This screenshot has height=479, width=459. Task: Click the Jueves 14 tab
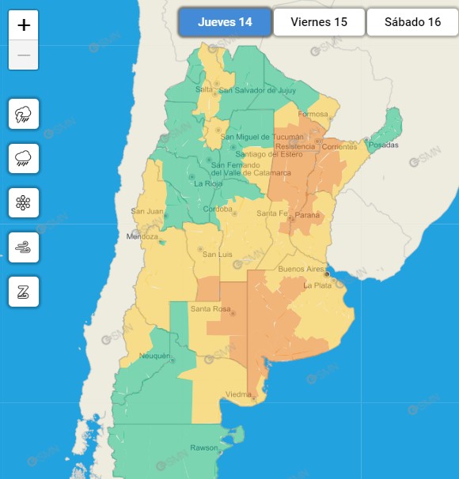tap(225, 22)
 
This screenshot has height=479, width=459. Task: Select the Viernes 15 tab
tap(319, 22)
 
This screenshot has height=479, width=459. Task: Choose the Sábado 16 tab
tap(412, 22)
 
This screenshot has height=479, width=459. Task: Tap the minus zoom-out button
tap(24, 55)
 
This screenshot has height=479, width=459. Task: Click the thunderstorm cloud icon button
tap(23, 115)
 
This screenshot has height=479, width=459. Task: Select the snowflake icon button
tap(23, 203)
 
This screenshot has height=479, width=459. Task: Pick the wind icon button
tap(23, 247)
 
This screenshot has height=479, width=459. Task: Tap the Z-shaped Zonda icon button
tap(23, 292)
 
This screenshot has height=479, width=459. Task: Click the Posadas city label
tap(382, 145)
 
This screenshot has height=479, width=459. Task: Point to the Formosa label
tap(313, 114)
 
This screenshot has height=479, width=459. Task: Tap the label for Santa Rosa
tap(211, 308)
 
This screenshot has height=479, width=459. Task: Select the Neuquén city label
tap(154, 356)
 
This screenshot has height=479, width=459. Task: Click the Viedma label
tap(238, 394)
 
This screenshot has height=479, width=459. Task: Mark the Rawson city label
tap(203, 448)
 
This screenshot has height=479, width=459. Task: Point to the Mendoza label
tap(143, 236)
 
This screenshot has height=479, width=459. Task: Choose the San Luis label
tap(216, 254)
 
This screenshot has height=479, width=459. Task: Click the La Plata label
tap(317, 285)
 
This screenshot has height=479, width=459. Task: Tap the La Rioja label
tap(208, 183)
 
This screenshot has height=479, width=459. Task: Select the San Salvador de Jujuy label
tap(246, 90)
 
